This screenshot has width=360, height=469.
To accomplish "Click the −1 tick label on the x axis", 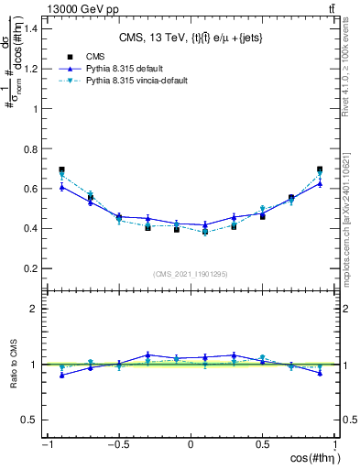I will point(46,444).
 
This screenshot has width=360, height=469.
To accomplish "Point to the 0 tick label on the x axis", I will point(191,444).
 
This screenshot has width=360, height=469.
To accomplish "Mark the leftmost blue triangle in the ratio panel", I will point(61,375).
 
